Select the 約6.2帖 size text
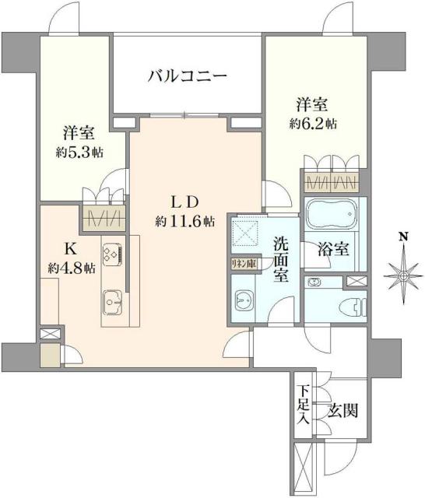point(314,123)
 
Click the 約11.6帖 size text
point(184,221)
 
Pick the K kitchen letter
point(68,251)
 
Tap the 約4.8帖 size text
point(71,268)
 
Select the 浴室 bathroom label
point(334,251)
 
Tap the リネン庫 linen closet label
point(243,264)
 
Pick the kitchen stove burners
point(110,254)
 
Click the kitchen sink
point(111,300)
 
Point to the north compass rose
point(403,275)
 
